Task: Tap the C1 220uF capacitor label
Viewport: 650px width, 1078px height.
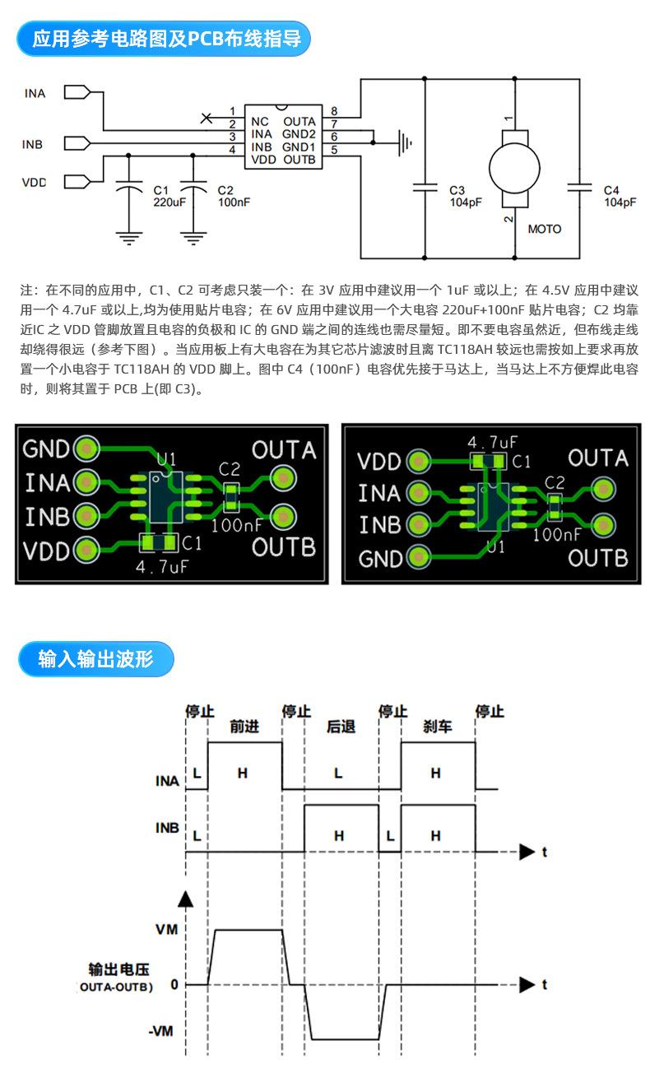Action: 169,197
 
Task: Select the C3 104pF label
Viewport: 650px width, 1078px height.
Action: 465,197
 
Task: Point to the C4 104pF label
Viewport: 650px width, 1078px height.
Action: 620,197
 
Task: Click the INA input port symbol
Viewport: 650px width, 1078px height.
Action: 77,92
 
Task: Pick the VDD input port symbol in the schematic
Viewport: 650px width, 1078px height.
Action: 77,181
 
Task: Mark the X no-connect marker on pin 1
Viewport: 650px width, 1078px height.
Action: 206,118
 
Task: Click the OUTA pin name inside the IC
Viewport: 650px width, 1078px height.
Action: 299,121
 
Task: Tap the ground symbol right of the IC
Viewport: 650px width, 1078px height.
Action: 404,143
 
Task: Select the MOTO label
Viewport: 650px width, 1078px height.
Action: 545,229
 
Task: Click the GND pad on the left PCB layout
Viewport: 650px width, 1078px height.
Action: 86,448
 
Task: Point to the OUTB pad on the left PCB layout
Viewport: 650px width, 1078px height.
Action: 283,517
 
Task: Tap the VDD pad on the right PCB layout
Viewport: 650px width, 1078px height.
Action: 418,462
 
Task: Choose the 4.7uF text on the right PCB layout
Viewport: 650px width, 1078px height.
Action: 492,442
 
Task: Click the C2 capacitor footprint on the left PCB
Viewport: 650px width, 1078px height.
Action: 231,498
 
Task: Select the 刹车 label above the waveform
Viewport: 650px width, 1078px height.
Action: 438,726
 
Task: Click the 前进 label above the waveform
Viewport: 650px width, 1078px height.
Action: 244,726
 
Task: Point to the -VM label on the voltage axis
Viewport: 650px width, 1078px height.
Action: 160,1031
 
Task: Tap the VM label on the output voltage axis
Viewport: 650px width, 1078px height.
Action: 166,929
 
